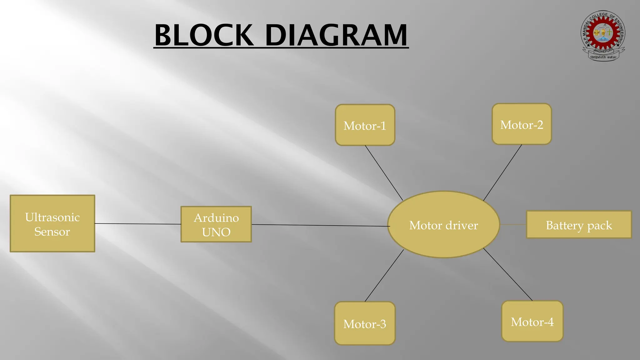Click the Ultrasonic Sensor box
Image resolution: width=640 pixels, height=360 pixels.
52,223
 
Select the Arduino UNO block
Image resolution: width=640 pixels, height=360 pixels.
216,224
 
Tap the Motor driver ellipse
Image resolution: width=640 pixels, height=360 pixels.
443,225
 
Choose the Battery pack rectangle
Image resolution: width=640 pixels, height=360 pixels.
579,225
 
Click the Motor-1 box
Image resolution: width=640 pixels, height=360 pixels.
365,125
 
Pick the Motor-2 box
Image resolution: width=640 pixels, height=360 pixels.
522,124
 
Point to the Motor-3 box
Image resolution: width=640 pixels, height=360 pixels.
365,323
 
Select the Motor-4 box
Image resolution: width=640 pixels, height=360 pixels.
532,321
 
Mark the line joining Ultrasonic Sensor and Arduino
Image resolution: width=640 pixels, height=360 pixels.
137,224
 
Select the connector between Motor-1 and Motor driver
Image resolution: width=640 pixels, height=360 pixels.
384,173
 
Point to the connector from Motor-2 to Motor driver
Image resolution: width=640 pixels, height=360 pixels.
502,172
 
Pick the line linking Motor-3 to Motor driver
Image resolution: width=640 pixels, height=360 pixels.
384,276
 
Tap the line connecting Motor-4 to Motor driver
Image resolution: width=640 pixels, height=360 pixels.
508,275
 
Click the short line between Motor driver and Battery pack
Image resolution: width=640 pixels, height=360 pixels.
513,224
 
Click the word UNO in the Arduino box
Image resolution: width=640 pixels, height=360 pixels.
216,232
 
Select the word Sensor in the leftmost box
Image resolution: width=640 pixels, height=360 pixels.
52,232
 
